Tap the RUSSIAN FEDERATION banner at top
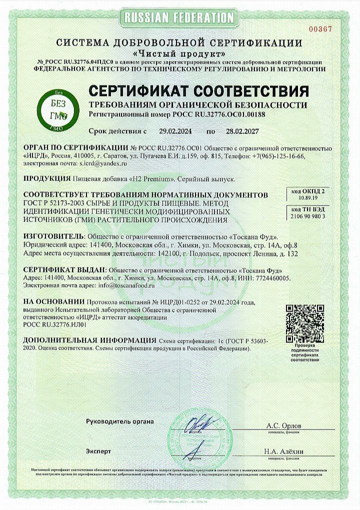180,18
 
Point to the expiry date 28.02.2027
239,131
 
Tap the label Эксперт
98,451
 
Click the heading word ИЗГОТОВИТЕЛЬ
54,236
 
